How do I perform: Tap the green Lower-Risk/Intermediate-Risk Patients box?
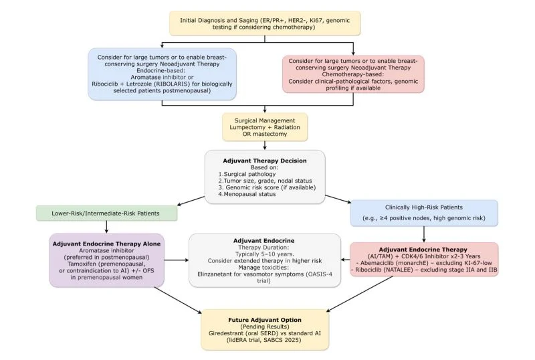tap(107, 214)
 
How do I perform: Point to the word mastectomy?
tap(274, 133)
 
